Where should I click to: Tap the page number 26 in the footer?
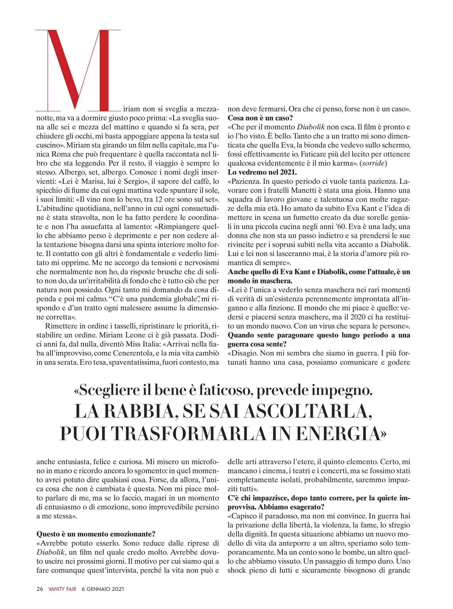[x=40, y=589]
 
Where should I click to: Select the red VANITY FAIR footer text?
[x=62, y=589]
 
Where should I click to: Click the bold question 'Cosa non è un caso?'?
[x=260, y=118]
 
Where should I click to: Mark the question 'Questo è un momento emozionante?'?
[x=96, y=534]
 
